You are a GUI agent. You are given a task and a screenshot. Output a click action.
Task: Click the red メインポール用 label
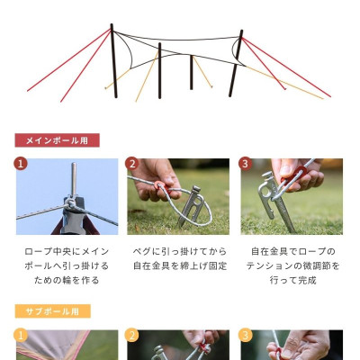pyautogui.click(x=57, y=140)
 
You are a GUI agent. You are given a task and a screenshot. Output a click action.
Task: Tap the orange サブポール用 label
pyautogui.click(x=52, y=311)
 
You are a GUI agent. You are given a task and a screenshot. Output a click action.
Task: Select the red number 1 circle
pyautogui.click(x=21, y=164)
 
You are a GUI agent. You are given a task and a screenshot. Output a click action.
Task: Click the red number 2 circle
pyautogui.click(x=132, y=164)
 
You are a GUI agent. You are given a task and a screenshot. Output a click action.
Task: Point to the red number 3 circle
pyautogui.click(x=245, y=164)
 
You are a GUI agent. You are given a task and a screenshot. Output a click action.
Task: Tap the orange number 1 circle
pyautogui.click(x=21, y=335)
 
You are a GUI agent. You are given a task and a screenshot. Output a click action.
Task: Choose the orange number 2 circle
pyautogui.click(x=132, y=335)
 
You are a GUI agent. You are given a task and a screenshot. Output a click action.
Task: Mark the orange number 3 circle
pyautogui.click(x=245, y=335)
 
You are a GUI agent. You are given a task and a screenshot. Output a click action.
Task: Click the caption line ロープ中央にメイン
pyautogui.click(x=67, y=251)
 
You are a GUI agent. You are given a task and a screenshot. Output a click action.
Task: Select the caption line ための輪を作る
pyautogui.click(x=67, y=280)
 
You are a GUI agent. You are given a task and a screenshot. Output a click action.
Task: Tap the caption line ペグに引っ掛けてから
pyautogui.click(x=179, y=251)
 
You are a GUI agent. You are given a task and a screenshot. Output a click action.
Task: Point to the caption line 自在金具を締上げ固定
pyautogui.click(x=179, y=265)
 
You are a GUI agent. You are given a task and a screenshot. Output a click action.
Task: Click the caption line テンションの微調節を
pyautogui.click(x=292, y=265)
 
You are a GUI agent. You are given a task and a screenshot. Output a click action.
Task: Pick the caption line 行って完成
pyautogui.click(x=292, y=280)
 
